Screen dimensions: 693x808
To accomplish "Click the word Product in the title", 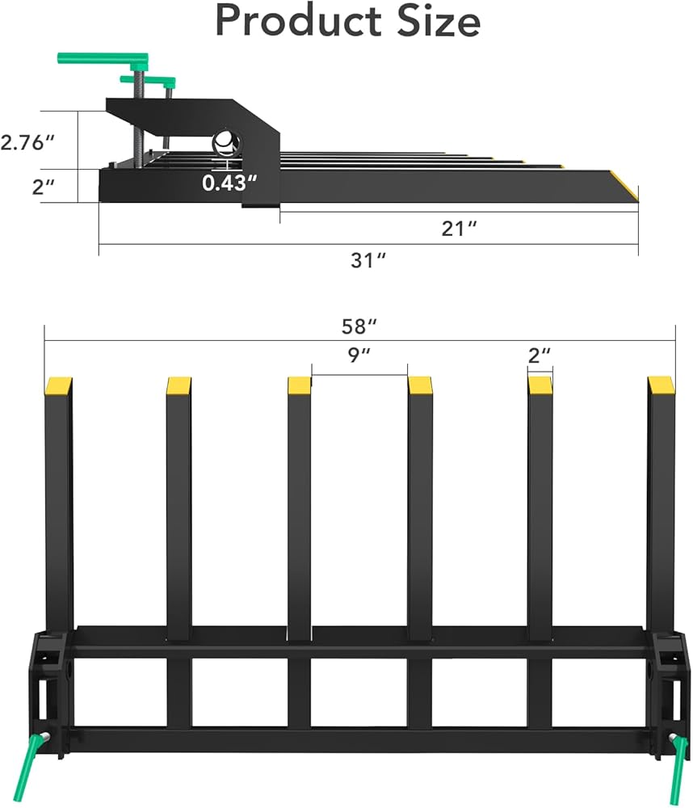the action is tap(299, 21).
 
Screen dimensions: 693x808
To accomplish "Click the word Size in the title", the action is tap(439, 21).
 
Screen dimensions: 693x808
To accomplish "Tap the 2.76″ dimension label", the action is tap(27, 142).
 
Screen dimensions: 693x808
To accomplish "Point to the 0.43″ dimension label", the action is tap(229, 183).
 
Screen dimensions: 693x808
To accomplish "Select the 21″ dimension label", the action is tap(459, 229).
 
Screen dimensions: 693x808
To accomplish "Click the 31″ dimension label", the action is tap(367, 260).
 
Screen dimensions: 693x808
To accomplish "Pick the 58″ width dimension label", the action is tap(359, 326).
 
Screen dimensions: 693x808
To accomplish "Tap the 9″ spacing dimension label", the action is tap(359, 355).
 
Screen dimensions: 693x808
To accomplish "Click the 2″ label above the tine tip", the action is tap(540, 355).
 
